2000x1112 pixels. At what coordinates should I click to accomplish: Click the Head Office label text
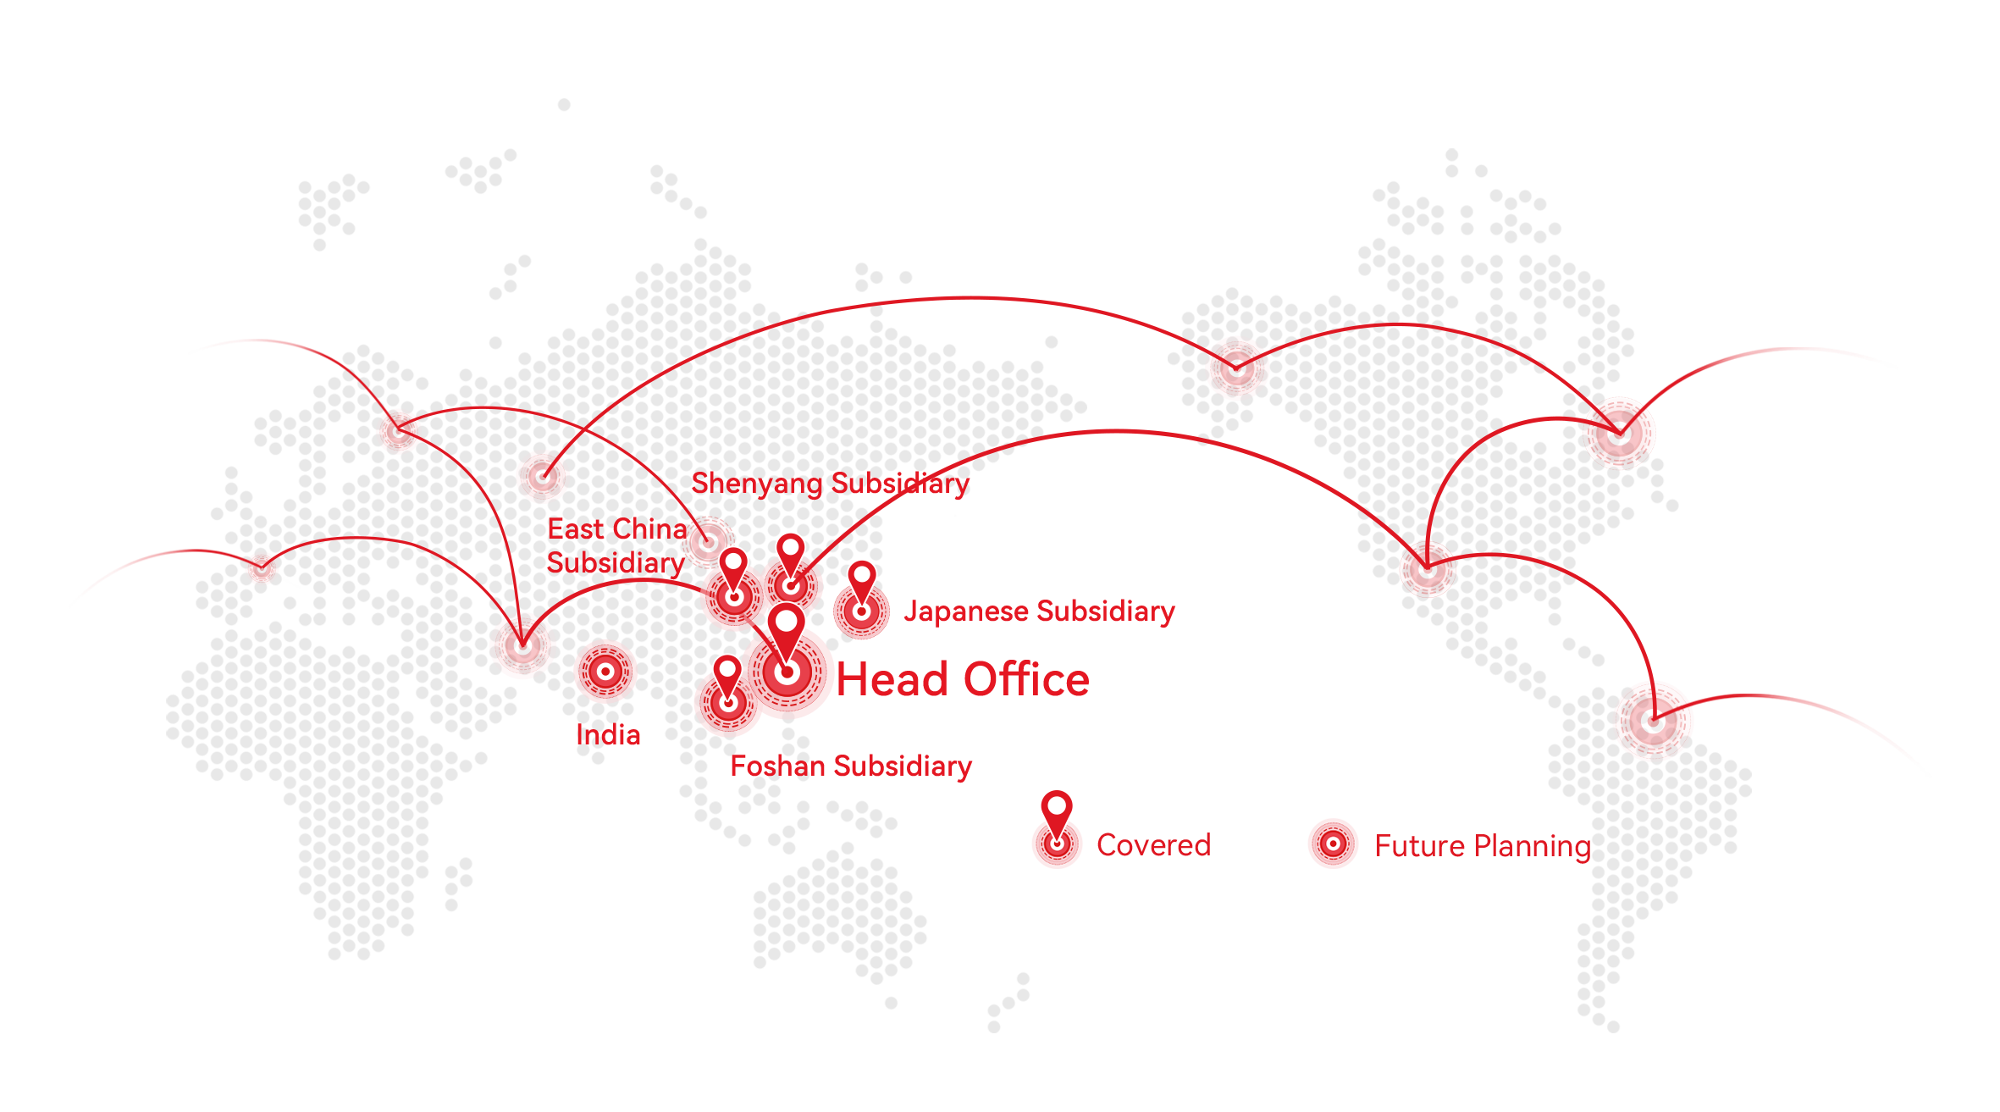(963, 679)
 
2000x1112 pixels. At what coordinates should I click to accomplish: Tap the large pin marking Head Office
(787, 644)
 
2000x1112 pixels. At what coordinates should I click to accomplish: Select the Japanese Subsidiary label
(1039, 611)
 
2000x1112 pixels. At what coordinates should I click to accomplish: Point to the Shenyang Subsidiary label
(830, 484)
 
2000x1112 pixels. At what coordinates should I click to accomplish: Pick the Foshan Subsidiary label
(851, 766)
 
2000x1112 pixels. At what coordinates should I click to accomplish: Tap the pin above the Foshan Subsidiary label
(727, 681)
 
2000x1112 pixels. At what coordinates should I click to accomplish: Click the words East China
(617, 529)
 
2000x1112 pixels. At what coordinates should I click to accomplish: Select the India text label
(608, 734)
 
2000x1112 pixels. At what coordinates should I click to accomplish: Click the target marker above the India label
(605, 672)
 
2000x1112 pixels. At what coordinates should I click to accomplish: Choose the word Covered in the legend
(1153, 845)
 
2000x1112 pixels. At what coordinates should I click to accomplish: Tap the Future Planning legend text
(1483, 846)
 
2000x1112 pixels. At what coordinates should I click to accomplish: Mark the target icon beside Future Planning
(1334, 844)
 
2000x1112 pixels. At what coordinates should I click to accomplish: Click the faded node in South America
(1653, 722)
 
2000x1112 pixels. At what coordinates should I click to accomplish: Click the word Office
(1027, 679)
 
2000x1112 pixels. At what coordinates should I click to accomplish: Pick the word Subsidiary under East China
(616, 563)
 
